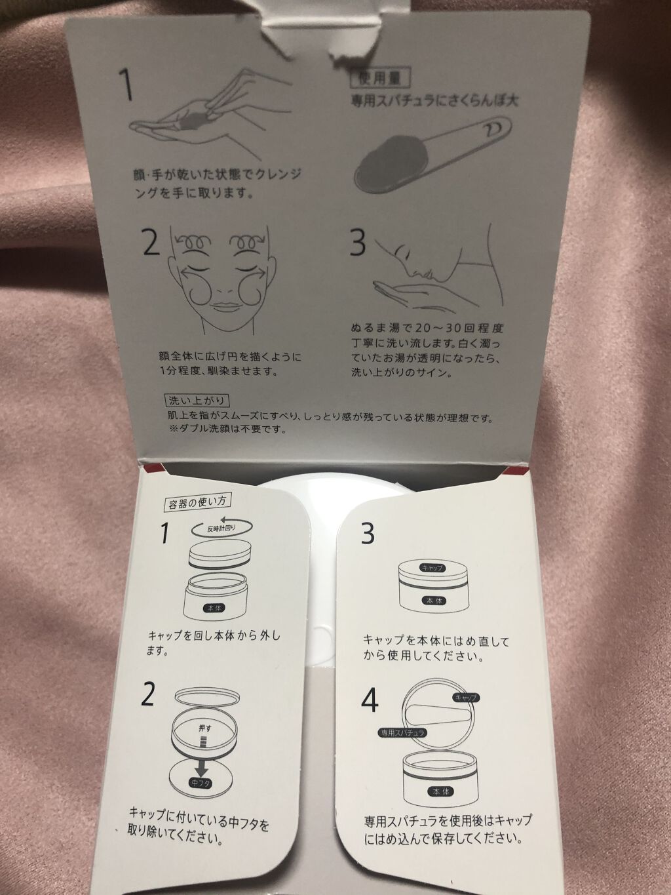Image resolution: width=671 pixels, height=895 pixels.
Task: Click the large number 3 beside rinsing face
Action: point(358,244)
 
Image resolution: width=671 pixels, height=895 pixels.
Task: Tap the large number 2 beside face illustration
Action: point(150,244)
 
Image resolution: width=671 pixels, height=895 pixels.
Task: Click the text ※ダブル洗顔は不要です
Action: point(227,430)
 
